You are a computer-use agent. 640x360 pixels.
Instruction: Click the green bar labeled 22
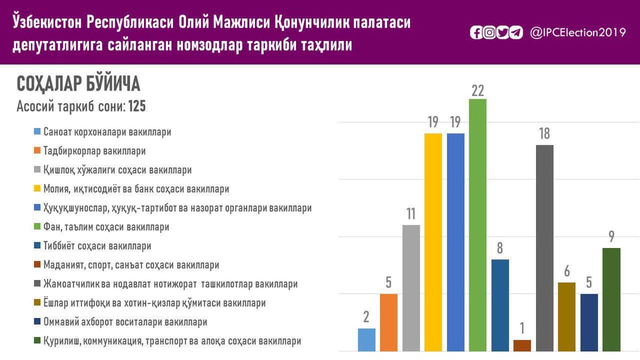478,225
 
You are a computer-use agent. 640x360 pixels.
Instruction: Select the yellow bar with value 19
433,242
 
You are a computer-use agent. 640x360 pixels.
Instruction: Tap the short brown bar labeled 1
522,346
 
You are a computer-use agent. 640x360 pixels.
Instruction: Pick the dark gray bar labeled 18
545,248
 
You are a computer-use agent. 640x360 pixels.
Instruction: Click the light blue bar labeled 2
366,340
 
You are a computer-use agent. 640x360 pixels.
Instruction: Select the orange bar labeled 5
389,323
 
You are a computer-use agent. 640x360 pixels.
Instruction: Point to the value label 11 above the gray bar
411,214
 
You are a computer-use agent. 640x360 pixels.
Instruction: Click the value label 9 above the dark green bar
611,237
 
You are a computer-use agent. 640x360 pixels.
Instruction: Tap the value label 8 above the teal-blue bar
500,248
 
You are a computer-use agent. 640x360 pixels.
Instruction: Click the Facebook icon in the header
476,33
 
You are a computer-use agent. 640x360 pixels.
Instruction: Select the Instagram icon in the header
490,33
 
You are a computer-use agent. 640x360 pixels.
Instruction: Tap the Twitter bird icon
502,33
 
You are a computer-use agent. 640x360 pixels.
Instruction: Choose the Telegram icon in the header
516,33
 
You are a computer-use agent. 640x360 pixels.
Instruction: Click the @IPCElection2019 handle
578,33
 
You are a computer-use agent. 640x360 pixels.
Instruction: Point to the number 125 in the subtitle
137,106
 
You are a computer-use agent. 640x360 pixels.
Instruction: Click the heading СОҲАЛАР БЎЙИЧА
78,83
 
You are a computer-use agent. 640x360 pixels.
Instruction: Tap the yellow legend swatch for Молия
37,188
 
